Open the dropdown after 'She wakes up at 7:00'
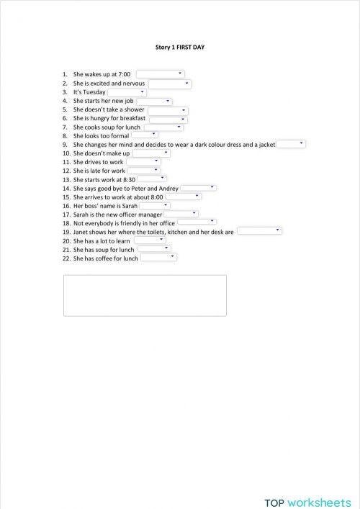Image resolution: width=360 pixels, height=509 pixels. (161, 73)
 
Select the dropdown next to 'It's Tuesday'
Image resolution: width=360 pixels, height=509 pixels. (127, 92)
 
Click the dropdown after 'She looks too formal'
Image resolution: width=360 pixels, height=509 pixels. (144, 135)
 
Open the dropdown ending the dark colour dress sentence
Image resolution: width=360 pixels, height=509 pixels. (291, 144)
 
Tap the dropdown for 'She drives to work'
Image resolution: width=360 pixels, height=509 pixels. (143, 162)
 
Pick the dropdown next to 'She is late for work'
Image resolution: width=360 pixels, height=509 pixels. (143, 171)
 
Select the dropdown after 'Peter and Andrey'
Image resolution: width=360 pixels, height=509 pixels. (198, 188)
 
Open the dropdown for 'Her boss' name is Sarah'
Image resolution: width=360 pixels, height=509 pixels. (154, 205)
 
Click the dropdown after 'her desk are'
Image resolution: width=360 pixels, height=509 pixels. (258, 231)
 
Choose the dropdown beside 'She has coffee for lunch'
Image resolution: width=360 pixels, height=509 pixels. (158, 257)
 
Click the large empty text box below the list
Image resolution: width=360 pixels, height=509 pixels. (145, 295)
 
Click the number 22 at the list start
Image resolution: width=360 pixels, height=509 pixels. (65, 258)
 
